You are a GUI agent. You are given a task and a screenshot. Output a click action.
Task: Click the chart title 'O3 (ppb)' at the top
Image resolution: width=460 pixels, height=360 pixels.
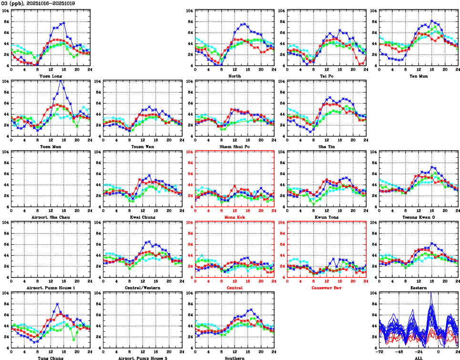coord(13,3)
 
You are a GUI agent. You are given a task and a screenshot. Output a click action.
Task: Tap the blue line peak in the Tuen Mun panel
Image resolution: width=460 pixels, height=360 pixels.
coord(61,80)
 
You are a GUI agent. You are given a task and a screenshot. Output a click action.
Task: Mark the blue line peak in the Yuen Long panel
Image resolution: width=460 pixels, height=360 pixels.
coord(64,22)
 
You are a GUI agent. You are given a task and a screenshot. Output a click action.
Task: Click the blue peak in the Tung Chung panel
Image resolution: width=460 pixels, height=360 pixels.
coord(57,304)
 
